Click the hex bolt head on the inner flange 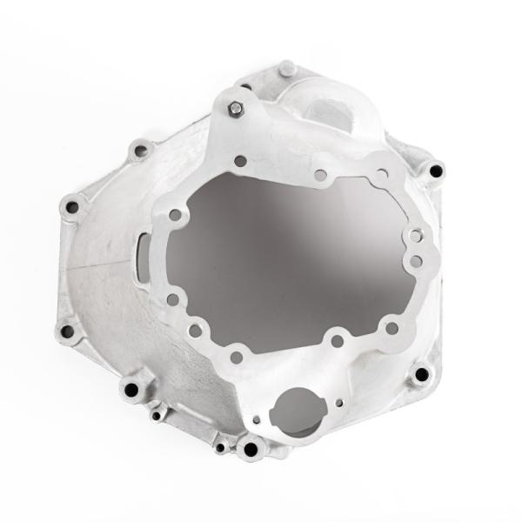pos(236,109)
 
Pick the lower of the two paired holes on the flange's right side pos(416,260)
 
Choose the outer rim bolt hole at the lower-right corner pos(422,374)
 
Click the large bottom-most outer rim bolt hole pos(252,449)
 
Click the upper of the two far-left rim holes pos(71,207)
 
